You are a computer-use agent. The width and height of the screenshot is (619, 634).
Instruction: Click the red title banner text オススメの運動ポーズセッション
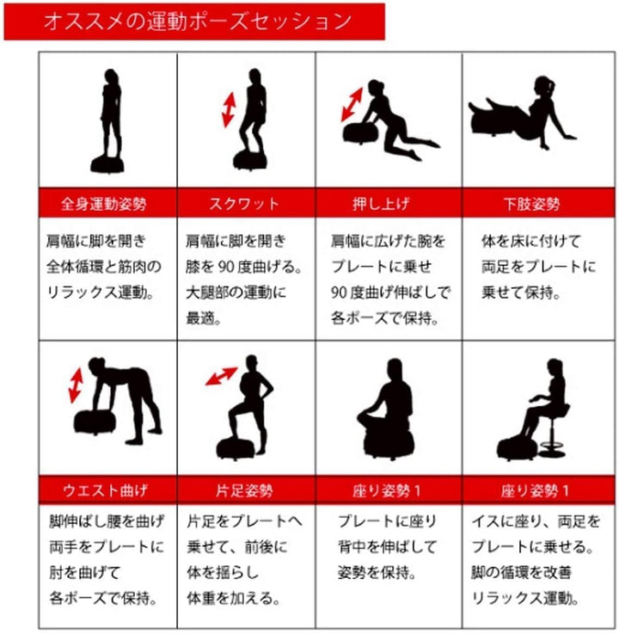point(198,21)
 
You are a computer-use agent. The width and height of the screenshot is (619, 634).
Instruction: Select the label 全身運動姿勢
point(103,204)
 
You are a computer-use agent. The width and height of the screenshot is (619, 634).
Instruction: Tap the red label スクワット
point(244,203)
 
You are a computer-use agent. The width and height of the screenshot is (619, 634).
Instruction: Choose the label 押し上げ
point(381,204)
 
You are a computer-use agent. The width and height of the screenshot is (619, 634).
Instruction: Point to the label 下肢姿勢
point(531,204)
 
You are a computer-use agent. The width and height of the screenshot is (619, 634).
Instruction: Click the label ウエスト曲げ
point(105,490)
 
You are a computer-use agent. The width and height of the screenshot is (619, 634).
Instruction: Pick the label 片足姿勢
point(244,490)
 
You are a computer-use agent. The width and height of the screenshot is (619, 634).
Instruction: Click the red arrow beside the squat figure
point(229,110)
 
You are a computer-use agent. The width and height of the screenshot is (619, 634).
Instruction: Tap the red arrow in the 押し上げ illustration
point(352,105)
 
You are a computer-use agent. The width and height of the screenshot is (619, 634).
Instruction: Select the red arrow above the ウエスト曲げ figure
point(76,385)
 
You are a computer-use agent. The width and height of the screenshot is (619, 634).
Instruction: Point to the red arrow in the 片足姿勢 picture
point(222,376)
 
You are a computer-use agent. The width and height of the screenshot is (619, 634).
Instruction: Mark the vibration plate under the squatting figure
point(250,160)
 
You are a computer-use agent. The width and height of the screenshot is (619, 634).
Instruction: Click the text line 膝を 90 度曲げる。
point(243,267)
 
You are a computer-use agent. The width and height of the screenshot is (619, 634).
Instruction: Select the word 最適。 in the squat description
point(203,318)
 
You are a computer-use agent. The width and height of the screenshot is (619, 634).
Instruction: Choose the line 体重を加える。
point(233,598)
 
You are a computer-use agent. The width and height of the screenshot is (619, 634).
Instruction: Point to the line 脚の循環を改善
point(521,572)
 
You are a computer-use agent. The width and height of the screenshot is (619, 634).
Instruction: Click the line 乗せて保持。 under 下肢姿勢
point(521,292)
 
